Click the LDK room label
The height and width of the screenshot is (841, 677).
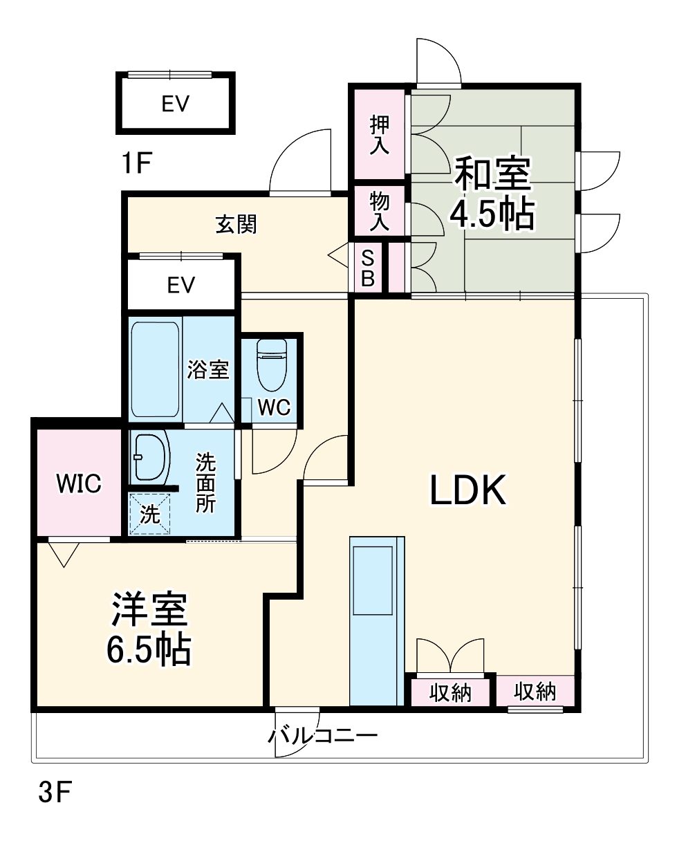(470, 490)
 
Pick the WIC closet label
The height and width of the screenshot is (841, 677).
(79, 483)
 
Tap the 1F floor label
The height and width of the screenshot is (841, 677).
(136, 164)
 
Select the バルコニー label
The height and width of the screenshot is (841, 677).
(323, 734)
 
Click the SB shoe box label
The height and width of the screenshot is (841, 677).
(368, 268)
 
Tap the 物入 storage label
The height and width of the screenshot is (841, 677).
(379, 211)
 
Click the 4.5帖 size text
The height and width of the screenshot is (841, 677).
(492, 215)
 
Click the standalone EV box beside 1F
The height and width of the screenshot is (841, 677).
(176, 104)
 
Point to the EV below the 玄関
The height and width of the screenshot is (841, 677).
(181, 284)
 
